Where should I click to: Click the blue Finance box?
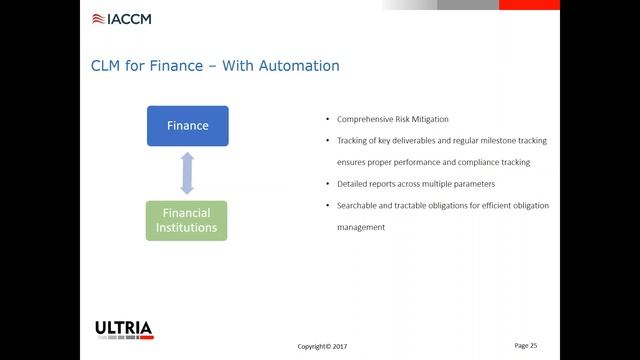coord(187,126)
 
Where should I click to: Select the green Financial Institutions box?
coord(187,220)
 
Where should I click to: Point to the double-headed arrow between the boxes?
coord(187,173)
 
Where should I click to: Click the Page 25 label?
coord(526,345)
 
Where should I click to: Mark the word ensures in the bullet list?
coord(353,162)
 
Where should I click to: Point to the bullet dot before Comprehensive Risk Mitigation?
coord(316,119)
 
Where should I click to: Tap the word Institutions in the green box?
coord(187,228)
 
